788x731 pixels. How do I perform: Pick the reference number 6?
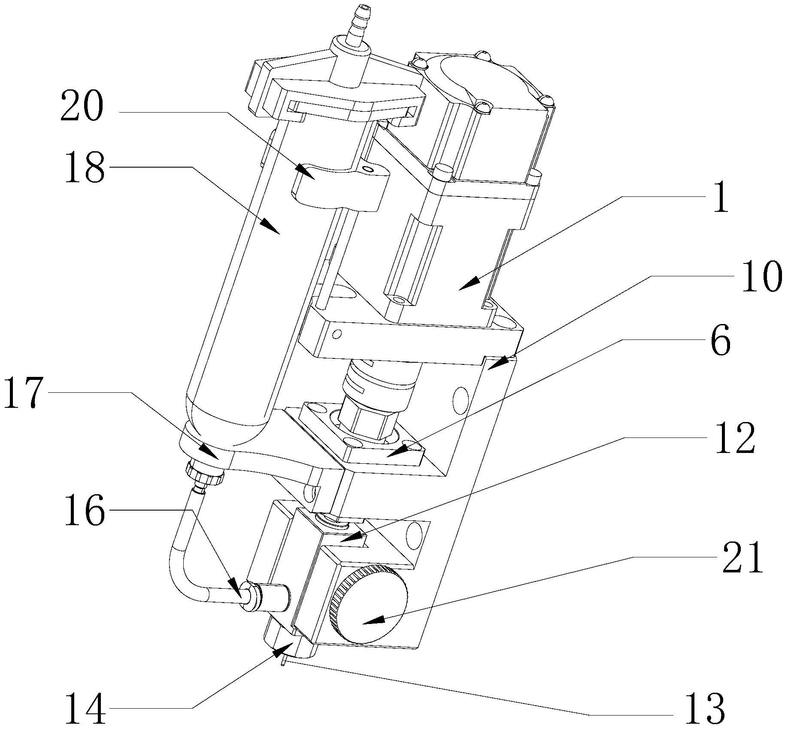tap(720, 340)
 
